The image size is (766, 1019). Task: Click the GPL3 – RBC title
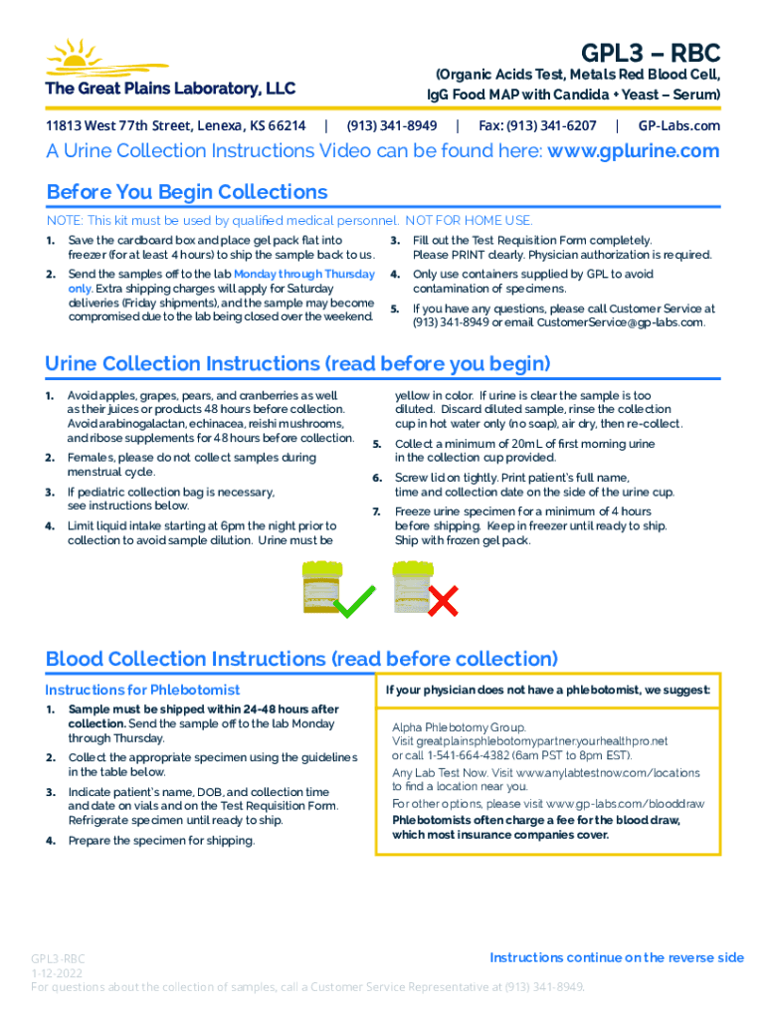coord(651,53)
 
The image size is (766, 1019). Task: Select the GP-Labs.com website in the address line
coord(679,126)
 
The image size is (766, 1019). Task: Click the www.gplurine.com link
coord(634,151)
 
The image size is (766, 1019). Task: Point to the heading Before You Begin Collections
coord(187,192)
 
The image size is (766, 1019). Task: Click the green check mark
coord(355,600)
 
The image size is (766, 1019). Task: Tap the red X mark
coord(442,600)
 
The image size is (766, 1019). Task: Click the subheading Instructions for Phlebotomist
coord(143,690)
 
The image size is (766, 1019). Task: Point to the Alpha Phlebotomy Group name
coord(460,727)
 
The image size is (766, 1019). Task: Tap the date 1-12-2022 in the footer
coord(58,972)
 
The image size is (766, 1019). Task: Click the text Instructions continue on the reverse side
coord(617,957)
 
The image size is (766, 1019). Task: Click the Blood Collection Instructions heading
coord(301,659)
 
